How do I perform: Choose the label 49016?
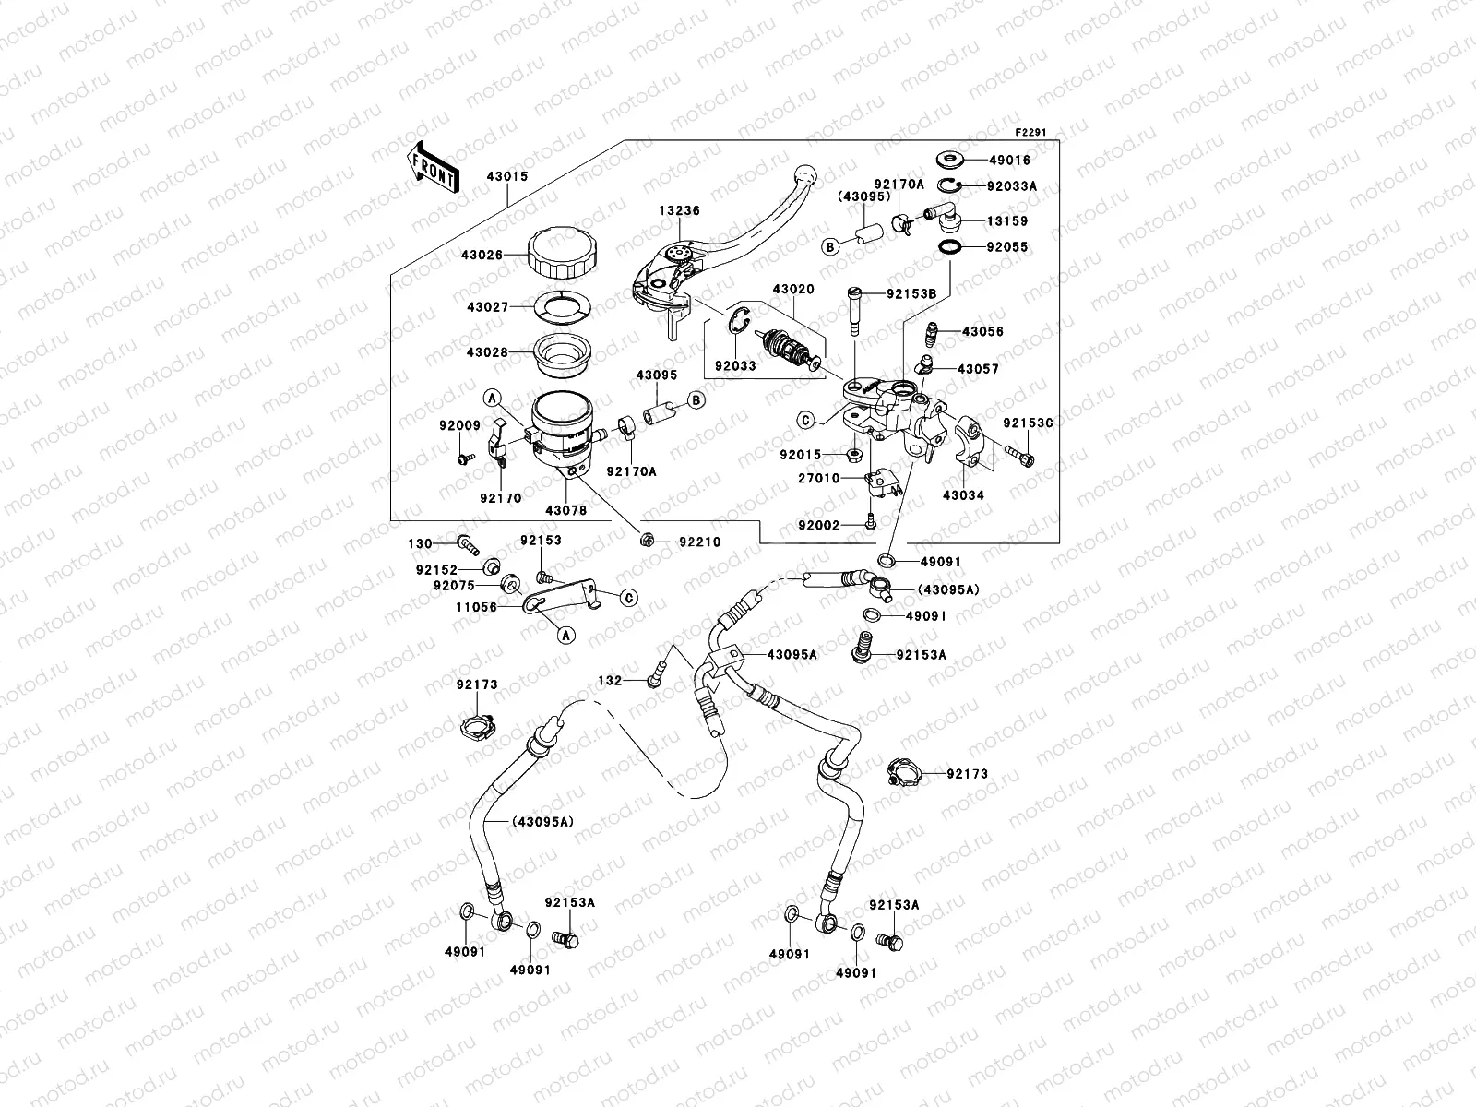[1008, 160]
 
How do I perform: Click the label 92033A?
[1012, 185]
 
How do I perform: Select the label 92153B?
[911, 294]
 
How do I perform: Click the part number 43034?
[963, 495]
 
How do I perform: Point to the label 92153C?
[1028, 423]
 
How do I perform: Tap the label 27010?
[820, 479]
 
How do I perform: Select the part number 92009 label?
[458, 426]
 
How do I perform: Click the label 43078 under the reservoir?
[565, 509]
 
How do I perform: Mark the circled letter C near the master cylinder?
[804, 420]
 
